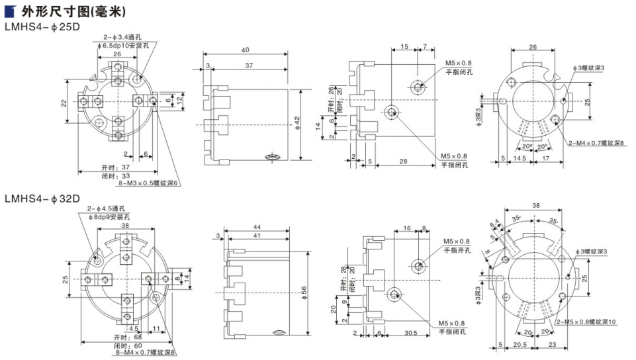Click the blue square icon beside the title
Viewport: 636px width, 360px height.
click(10, 12)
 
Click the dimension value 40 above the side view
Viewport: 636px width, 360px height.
click(245, 50)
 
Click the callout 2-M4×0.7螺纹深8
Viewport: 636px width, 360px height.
click(596, 143)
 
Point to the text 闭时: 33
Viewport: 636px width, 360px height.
click(116, 175)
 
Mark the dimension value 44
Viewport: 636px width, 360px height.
click(257, 227)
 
